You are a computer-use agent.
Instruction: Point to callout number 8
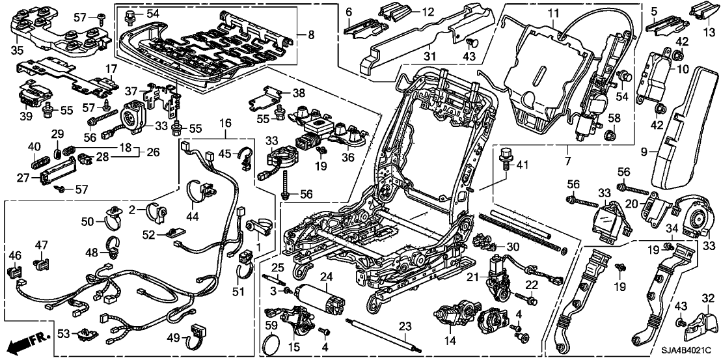[x=310, y=35]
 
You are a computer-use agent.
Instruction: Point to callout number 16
[x=225, y=123]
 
